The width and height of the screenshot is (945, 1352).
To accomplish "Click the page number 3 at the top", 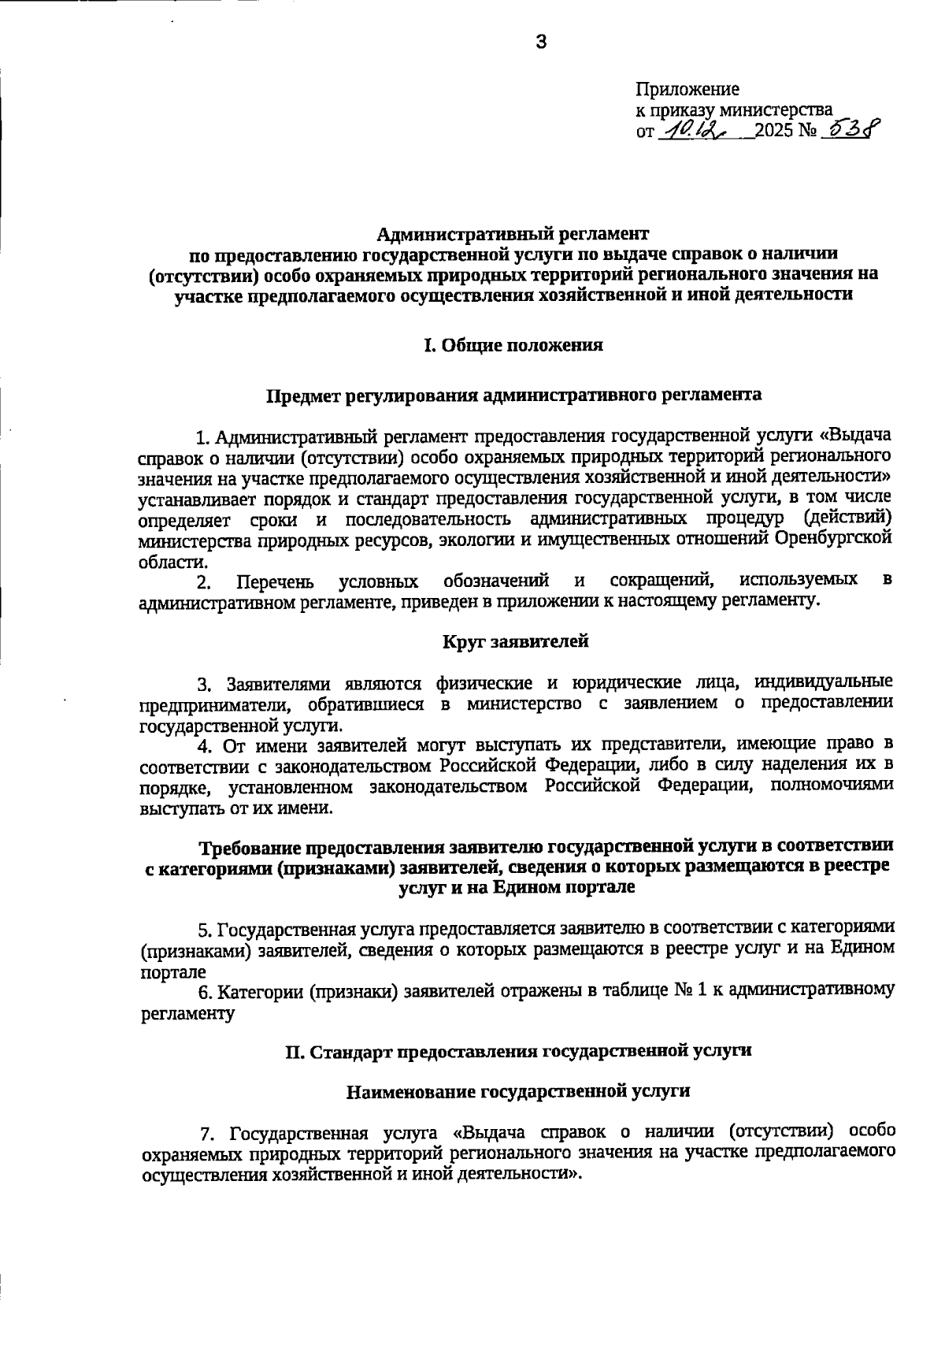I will (540, 43).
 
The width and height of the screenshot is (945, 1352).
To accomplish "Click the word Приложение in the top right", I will (687, 90).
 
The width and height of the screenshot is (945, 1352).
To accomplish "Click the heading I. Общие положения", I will (513, 345).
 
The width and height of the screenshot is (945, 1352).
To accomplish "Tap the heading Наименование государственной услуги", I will (518, 1091).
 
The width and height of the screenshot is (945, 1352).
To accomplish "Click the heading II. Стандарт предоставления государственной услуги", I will (518, 1050).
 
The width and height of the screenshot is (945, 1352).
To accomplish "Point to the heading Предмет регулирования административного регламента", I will (513, 395).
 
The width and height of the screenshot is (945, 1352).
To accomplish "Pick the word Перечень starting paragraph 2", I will (276, 582).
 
